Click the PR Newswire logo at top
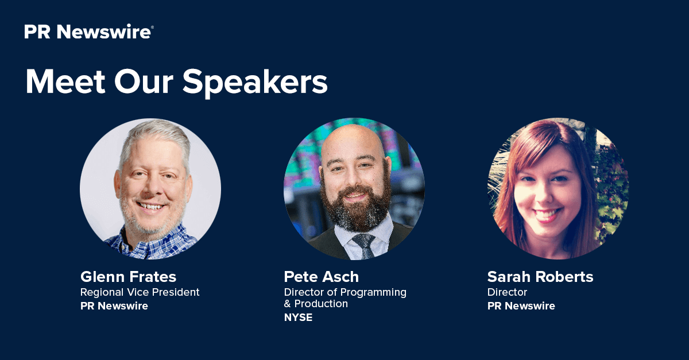[x=89, y=32]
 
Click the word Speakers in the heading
[x=255, y=83]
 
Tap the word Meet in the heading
[x=65, y=82]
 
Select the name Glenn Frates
[x=128, y=277]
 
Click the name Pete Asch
[x=322, y=277]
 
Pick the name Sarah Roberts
[x=540, y=277]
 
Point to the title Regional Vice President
[x=140, y=292]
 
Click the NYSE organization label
[x=299, y=318]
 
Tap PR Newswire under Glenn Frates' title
[x=114, y=306]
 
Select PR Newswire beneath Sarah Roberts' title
[x=521, y=306]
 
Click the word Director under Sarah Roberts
[x=507, y=292]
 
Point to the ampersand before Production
[x=287, y=304]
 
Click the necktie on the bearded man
[x=365, y=246]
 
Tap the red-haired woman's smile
[x=548, y=214]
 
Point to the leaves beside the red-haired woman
[x=610, y=191]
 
